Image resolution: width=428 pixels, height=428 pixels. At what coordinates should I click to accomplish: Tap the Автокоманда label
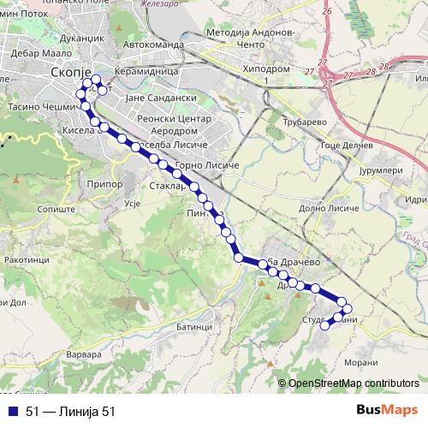tap(153, 43)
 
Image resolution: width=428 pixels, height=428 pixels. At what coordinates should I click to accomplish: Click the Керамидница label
tap(146, 73)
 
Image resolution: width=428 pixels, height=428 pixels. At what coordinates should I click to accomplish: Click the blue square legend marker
tap(14, 412)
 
